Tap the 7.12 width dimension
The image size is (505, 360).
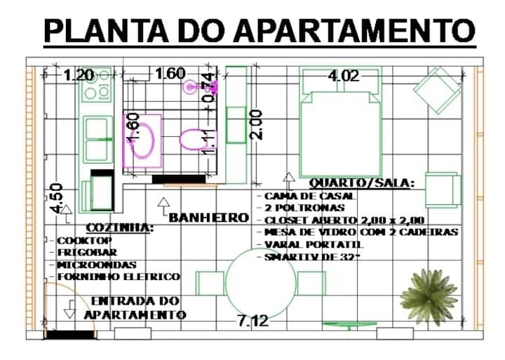[253, 321]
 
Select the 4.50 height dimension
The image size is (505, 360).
[57, 199]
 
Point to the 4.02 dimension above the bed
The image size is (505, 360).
[343, 76]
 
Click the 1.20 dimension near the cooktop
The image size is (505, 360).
[79, 75]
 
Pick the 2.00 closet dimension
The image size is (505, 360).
[257, 125]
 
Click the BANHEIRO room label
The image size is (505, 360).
[209, 218]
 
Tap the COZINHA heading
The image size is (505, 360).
[119, 228]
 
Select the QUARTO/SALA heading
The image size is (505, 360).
[362, 182]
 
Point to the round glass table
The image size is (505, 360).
[260, 283]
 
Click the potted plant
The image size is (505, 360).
[429, 297]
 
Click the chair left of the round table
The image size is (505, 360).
[210, 284]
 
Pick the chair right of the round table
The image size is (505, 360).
[311, 284]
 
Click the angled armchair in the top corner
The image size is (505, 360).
[438, 90]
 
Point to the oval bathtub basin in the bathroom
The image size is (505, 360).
[142, 140]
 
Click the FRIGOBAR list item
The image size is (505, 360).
[87, 253]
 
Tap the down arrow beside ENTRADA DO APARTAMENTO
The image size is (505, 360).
[70, 309]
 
